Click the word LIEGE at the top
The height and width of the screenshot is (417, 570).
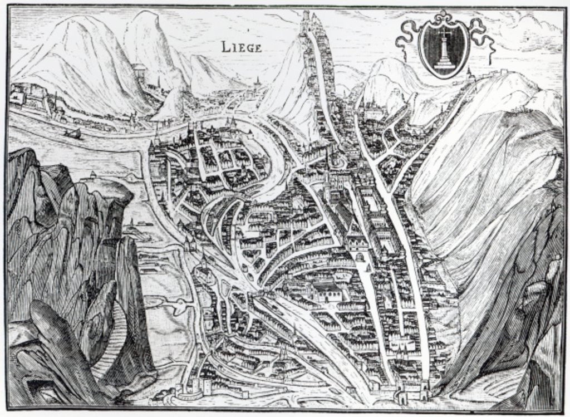pos(240,47)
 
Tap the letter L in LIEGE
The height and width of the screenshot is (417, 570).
pos(226,47)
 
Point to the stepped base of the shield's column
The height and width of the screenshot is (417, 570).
pos(444,64)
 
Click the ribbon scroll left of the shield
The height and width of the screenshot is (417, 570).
pos(407,36)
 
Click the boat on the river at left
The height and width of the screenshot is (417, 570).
pos(72,133)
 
